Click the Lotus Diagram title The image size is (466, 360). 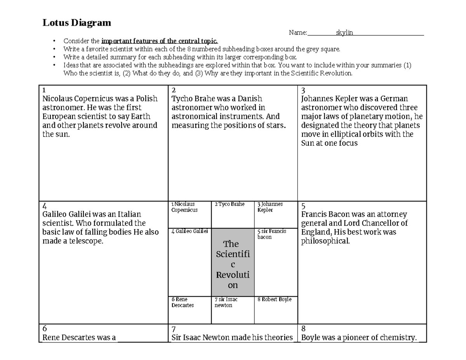[77, 23]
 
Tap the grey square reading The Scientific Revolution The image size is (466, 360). [233, 264]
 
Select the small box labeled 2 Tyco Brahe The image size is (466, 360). [233, 214]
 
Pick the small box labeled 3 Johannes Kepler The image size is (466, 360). [276, 214]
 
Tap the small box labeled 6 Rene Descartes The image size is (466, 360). [190, 310]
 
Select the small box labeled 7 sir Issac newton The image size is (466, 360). [233, 310]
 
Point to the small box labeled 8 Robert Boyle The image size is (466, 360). [276, 310]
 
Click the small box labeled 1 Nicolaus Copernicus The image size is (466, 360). [190, 214]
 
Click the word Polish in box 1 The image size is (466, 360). [144, 99]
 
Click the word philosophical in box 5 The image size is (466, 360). [325, 241]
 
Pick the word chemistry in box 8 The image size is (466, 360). [397, 337]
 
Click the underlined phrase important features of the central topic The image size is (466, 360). [160, 41]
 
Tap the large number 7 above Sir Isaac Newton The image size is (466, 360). [174, 328]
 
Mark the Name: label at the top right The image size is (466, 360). [298, 33]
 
